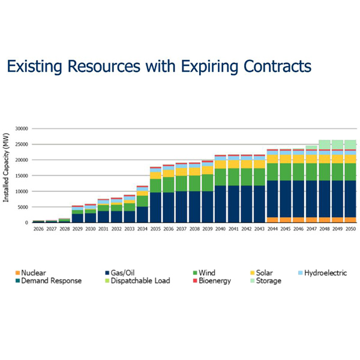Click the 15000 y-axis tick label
(x=22, y=176)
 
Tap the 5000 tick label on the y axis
(x=24, y=207)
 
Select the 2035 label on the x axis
(x=155, y=229)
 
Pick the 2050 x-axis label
(x=350, y=229)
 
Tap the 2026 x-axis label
(x=38, y=229)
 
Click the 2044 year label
(x=272, y=229)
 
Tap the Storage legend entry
(x=268, y=280)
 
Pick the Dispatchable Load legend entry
(x=142, y=280)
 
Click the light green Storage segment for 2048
(x=324, y=144)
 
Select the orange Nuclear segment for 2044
(x=272, y=220)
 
